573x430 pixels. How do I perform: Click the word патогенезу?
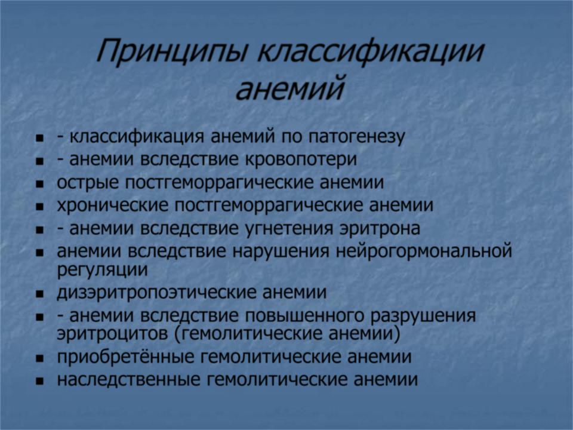pos(357,137)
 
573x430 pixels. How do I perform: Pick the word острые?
pos(88,183)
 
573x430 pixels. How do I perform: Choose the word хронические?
pos(113,205)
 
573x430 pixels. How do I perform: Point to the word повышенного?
pos(304,316)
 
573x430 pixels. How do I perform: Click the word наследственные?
pos(129,380)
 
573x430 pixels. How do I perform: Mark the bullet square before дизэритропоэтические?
pos(40,294)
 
